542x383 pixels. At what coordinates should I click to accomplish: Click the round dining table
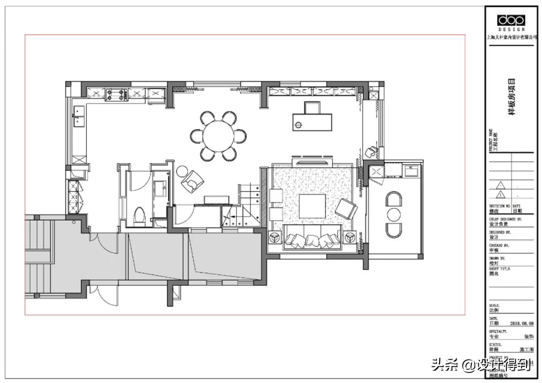(x=219, y=136)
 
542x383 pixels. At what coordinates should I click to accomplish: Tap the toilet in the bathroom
(x=140, y=216)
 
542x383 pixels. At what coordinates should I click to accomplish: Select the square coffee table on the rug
(x=312, y=206)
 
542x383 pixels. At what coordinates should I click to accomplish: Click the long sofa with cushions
(x=312, y=238)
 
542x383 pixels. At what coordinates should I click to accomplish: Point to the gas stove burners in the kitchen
(x=116, y=94)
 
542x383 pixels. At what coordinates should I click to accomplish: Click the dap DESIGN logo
(x=511, y=21)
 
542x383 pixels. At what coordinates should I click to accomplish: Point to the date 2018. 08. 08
(x=521, y=324)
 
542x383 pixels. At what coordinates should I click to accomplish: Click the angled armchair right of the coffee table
(x=346, y=209)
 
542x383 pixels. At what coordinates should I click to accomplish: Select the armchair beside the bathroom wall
(x=193, y=180)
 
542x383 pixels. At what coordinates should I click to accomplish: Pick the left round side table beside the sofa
(x=275, y=237)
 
